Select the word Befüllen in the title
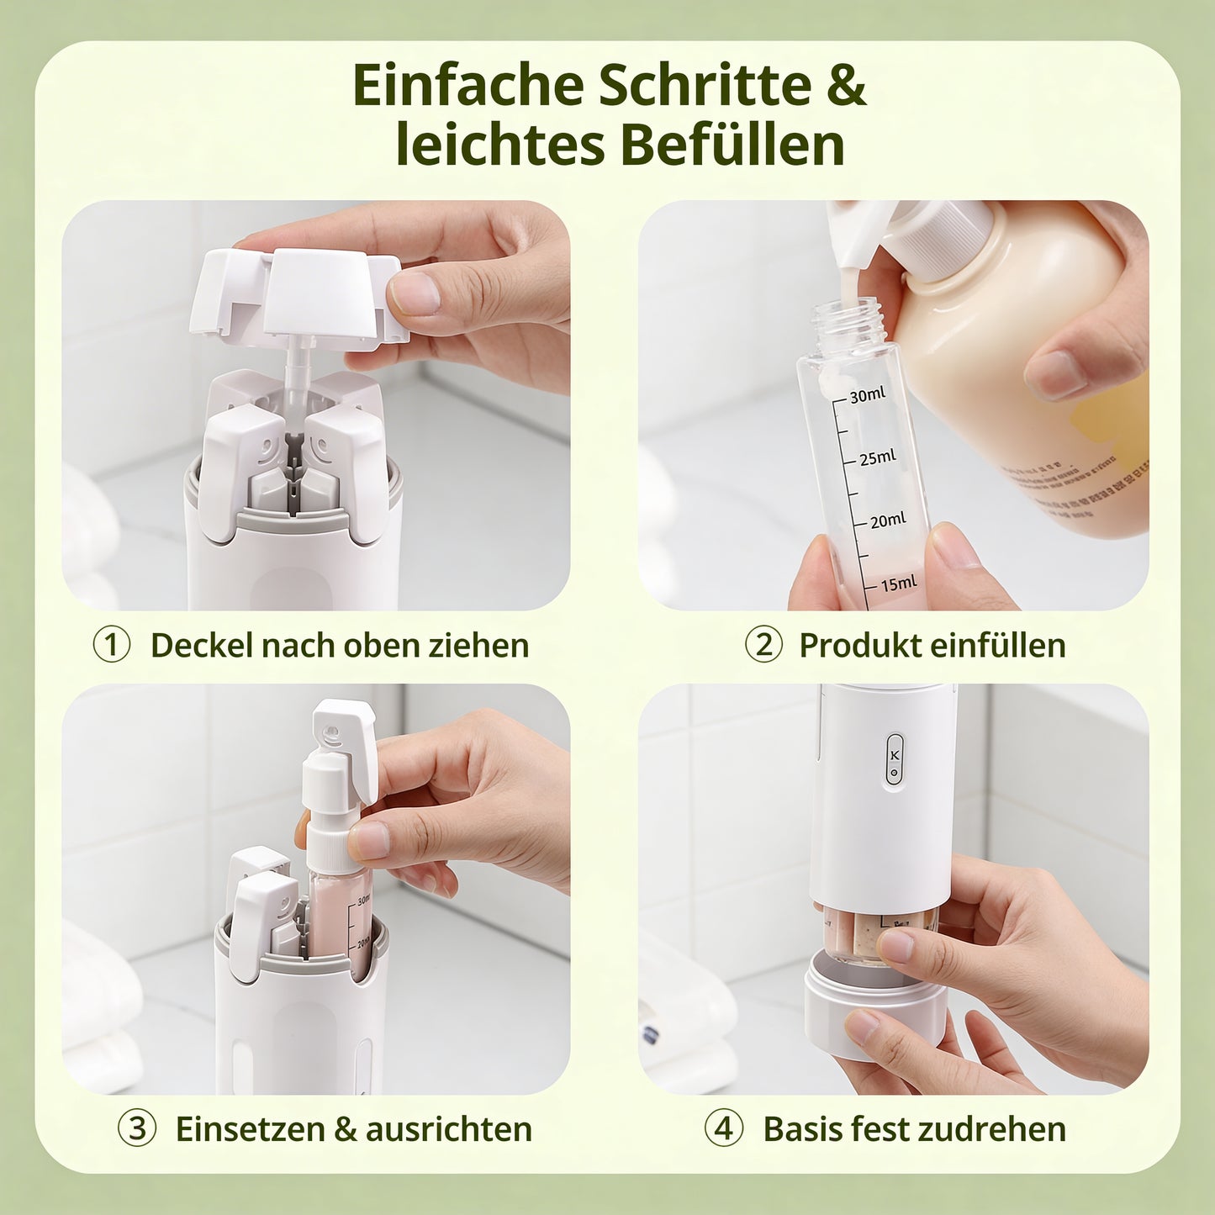[732, 145]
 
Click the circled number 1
[111, 646]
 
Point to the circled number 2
[763, 646]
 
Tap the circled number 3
[136, 1128]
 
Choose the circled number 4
[724, 1128]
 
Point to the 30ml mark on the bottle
[866, 395]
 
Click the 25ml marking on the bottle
[877, 458]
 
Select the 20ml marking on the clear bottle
[887, 521]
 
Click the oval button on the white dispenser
[894, 760]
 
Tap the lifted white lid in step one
[294, 294]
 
